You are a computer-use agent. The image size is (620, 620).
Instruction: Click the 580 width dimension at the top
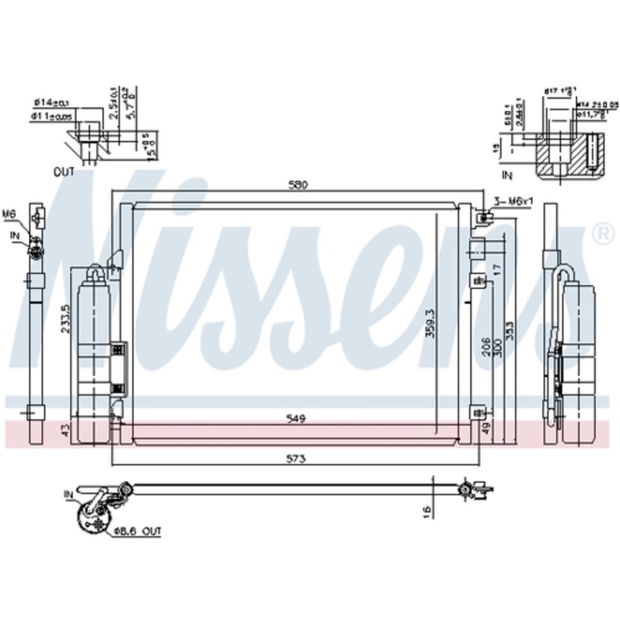tap(298, 185)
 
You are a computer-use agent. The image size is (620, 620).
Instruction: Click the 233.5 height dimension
tap(65, 319)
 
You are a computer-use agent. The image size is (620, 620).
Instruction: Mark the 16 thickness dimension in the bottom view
tap(426, 512)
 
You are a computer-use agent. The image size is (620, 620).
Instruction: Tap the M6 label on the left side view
tap(8, 215)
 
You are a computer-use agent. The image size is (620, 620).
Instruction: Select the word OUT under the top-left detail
tap(63, 172)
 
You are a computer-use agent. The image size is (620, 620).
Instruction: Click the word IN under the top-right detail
tap(507, 176)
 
